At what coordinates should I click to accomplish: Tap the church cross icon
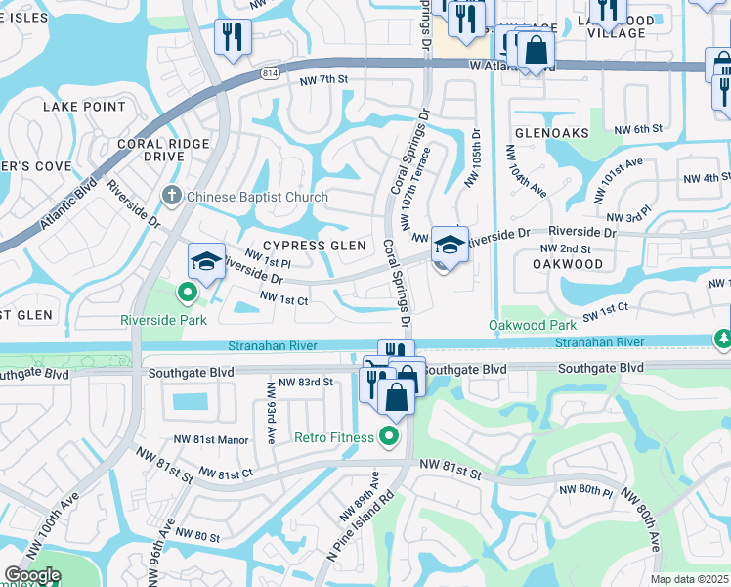[x=171, y=196]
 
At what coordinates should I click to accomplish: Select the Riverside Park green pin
[x=186, y=291]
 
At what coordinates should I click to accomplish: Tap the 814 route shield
[x=270, y=74]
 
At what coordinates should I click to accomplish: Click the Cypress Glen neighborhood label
[x=314, y=246]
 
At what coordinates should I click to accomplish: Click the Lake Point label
[x=83, y=106]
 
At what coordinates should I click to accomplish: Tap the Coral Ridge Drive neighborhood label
[x=163, y=150]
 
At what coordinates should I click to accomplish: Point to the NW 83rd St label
[x=306, y=383]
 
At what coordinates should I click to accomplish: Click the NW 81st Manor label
[x=211, y=440]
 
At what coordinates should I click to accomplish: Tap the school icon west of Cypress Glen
[x=206, y=262]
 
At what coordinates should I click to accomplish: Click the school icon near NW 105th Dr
[x=450, y=246]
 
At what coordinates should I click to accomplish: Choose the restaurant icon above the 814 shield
[x=233, y=37]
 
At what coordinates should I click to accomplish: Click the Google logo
[x=32, y=575]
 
